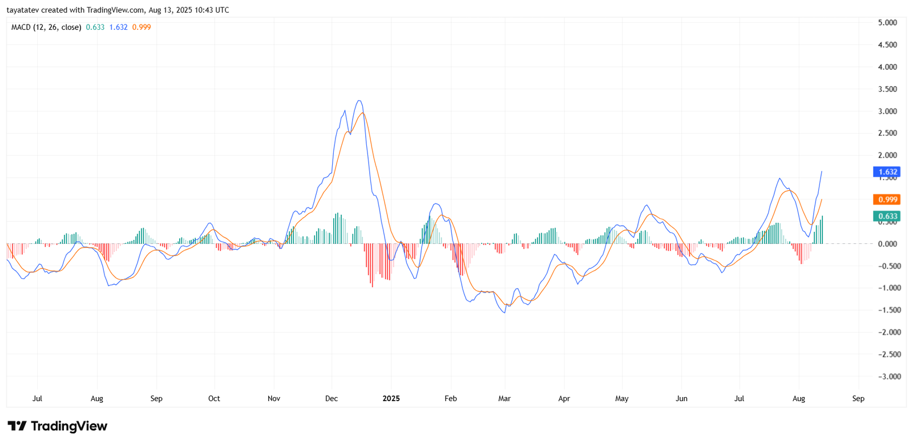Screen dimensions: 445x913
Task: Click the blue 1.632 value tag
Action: (887, 172)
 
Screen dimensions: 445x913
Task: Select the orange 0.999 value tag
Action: (887, 199)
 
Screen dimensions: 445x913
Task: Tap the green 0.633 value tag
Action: (887, 216)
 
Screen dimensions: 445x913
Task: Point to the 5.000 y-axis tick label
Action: (887, 23)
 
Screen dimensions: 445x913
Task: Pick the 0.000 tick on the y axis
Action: (887, 244)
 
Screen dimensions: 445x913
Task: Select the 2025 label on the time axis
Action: (391, 399)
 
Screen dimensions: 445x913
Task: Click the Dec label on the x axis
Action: (332, 399)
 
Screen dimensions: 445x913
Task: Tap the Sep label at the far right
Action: (858, 399)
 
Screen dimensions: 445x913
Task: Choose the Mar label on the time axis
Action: (504, 399)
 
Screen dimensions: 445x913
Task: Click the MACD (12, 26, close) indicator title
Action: (46, 27)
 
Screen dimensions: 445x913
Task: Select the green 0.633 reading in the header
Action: (95, 27)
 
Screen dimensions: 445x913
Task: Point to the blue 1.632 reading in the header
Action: (119, 27)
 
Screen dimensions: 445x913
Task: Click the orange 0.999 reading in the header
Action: (142, 27)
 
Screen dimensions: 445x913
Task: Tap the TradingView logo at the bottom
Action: (57, 426)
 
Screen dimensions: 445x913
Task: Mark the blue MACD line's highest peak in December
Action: (359, 101)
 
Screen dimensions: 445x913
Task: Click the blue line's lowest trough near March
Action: (504, 312)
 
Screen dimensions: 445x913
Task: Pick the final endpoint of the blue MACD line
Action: (822, 171)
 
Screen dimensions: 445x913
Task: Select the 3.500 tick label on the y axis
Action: (887, 89)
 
